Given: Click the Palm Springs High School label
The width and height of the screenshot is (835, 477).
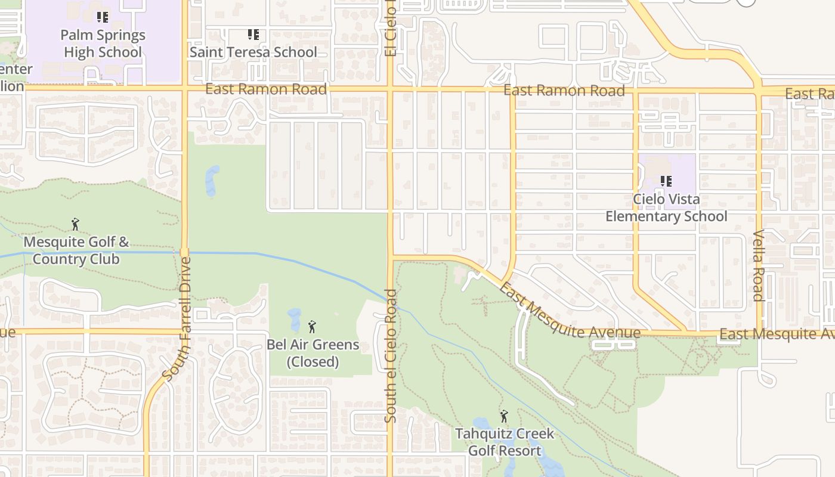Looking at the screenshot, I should (x=103, y=44).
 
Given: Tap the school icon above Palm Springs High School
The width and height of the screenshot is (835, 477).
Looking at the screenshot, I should (x=103, y=17).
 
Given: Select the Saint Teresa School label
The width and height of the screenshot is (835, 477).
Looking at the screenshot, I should (x=253, y=52).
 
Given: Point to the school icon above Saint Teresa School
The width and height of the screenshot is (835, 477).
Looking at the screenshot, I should (x=253, y=35).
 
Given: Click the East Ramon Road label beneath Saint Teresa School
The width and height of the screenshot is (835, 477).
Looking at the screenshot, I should (x=266, y=89).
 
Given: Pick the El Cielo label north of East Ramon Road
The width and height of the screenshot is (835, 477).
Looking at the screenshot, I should (x=391, y=29).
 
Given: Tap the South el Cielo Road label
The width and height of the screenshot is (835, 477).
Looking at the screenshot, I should (x=391, y=356).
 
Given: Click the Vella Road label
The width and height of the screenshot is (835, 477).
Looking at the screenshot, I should (x=759, y=265).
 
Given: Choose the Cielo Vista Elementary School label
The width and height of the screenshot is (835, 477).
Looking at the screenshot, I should (x=666, y=207).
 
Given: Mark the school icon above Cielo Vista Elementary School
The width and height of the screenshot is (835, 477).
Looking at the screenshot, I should (x=666, y=181).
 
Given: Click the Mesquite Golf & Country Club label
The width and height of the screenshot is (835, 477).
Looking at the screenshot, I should (x=76, y=250).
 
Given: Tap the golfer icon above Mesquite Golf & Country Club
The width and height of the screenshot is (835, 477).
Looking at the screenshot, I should (x=75, y=224).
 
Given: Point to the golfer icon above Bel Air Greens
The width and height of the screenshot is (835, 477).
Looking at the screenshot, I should (x=311, y=327).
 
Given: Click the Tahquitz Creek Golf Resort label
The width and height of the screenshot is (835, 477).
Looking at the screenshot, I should (x=505, y=442).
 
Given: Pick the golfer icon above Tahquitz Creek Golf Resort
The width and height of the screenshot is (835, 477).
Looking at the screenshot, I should (x=504, y=416).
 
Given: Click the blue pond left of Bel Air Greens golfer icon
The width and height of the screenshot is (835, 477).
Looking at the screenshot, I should (x=295, y=320).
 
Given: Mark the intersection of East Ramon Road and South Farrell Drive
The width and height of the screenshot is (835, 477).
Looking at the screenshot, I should (x=184, y=89).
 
